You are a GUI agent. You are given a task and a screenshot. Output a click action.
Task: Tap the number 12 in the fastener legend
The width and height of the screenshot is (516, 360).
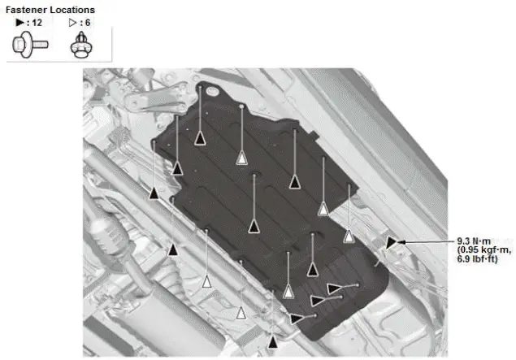click(36, 23)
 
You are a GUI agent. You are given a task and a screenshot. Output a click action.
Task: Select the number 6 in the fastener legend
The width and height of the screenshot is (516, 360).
click(87, 23)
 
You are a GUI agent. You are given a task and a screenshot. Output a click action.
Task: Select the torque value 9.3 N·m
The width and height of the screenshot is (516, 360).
click(473, 241)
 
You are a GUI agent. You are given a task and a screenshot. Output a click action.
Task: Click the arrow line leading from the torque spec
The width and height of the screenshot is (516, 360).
click(427, 242)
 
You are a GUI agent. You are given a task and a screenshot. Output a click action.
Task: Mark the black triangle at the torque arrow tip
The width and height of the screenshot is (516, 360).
click(393, 242)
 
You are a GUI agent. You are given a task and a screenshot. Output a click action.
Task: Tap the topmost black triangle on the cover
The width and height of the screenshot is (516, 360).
click(200, 137)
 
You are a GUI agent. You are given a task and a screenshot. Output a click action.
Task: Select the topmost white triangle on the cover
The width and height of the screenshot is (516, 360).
click(241, 158)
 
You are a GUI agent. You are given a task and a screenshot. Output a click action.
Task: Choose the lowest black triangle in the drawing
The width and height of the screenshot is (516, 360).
click(272, 341)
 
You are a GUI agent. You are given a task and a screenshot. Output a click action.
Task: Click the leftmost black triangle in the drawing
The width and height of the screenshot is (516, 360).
click(154, 193)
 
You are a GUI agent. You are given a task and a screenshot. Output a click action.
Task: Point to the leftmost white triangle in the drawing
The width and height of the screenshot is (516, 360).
click(206, 282)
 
